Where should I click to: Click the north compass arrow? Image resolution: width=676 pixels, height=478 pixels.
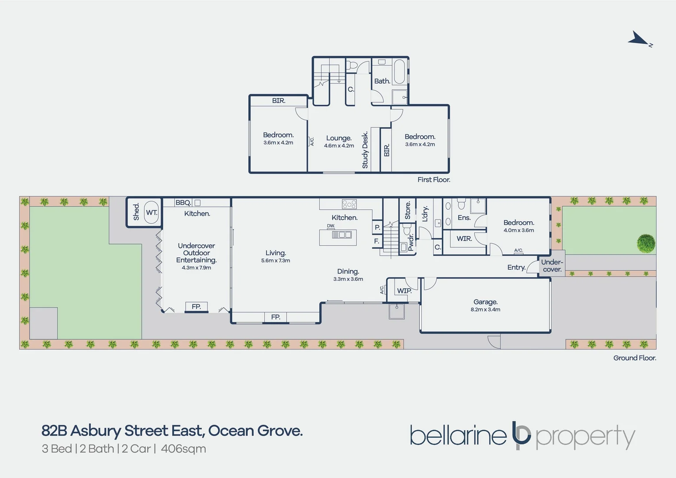[639, 39]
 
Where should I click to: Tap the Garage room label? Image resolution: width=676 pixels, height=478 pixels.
[485, 302]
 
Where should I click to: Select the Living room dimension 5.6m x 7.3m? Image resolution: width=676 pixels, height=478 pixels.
[276, 261]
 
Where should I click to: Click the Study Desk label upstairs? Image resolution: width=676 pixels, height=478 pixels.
[365, 150]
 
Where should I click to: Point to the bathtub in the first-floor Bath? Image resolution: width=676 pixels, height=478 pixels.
[399, 72]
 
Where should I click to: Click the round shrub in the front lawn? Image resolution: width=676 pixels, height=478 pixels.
[646, 243]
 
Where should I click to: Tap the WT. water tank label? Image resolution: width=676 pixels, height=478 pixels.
[151, 212]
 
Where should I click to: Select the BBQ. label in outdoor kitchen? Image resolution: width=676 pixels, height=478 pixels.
[183, 203]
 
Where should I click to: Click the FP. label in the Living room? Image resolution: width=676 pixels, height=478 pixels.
[275, 317]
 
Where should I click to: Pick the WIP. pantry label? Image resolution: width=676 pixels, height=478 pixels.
[404, 291]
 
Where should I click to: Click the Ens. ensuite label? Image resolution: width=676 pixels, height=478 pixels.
[464, 218]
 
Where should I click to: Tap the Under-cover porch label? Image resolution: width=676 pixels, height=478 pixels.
[552, 266]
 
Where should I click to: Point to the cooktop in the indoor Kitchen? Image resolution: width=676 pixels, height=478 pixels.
[349, 204]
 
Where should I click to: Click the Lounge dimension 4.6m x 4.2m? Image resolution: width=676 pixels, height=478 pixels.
[339, 146]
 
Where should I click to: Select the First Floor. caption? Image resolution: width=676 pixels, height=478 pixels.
[434, 180]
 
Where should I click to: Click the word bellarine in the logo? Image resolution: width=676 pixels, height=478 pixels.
[458, 436]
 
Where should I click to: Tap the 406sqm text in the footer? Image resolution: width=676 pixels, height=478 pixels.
[183, 449]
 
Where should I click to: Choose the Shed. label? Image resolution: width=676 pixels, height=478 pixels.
[136, 212]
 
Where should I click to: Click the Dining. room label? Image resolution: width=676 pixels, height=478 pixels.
[348, 271]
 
